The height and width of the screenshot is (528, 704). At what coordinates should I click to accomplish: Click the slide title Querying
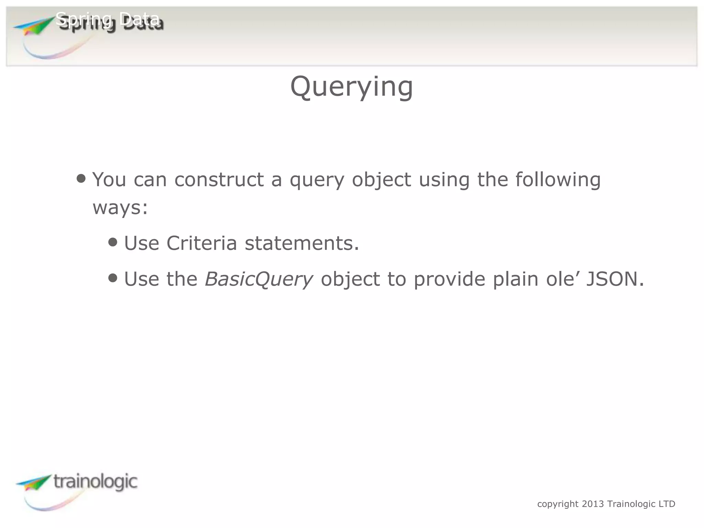[351, 87]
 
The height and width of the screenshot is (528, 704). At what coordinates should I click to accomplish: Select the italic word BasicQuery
[258, 279]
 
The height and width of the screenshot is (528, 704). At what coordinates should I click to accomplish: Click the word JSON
[612, 279]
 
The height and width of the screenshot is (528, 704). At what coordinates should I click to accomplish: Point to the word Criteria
[201, 243]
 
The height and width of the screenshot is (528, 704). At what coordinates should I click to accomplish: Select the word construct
[219, 179]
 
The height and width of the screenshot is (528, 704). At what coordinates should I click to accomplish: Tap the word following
[558, 180]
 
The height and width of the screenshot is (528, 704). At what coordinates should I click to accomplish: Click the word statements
[301, 243]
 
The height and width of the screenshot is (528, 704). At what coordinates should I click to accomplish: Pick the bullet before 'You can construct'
[81, 178]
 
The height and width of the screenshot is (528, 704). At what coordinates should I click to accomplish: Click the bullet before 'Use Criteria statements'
[112, 242]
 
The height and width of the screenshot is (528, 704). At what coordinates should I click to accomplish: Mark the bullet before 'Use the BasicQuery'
[112, 278]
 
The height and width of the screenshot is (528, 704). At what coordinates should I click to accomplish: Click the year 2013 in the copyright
[593, 504]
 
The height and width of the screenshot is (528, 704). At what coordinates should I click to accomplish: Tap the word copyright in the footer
[558, 504]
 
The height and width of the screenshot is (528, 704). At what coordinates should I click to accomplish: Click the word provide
[449, 279]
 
